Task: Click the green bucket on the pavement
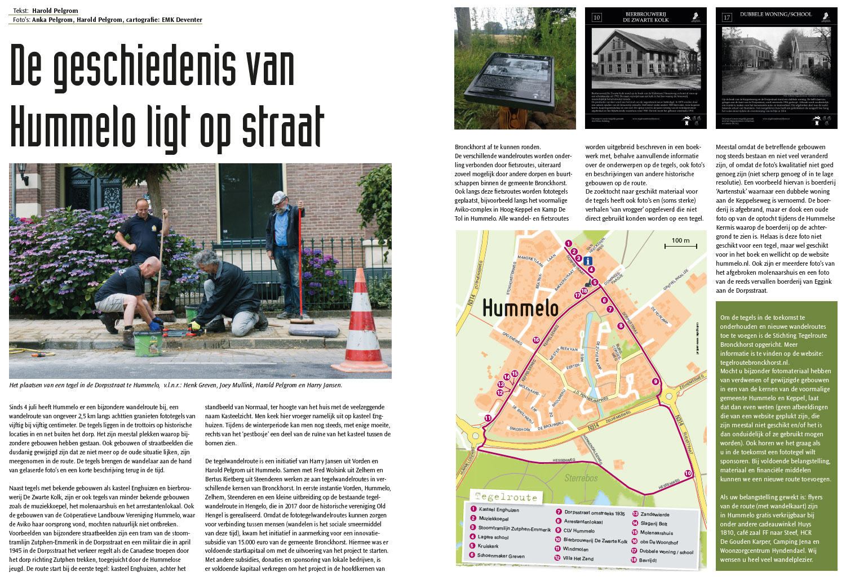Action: point(145,343)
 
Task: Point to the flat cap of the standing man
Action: point(279,197)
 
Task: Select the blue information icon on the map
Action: point(588,261)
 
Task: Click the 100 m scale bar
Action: point(680,245)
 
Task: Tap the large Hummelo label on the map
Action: point(520,308)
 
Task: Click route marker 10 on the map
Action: point(688,473)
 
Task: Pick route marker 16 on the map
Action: point(535,340)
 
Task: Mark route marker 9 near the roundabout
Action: point(655,381)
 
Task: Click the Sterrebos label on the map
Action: point(581,478)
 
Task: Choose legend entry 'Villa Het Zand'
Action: point(578,558)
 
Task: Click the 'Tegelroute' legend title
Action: point(505,497)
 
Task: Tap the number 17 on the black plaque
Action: point(727,17)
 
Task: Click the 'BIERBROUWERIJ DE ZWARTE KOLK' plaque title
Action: point(645,17)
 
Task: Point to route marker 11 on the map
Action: point(488,418)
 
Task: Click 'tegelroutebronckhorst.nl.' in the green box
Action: point(754,363)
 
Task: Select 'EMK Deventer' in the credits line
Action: point(181,20)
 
